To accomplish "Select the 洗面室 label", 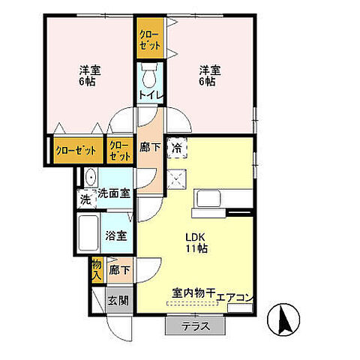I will pos(114,193).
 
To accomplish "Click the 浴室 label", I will pos(115,235).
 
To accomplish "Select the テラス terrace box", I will pos(194,326).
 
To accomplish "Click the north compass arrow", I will pos(285,320).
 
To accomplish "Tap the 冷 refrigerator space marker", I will pos(178,148).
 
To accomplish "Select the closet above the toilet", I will pos(148,39).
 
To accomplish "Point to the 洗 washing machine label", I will pos(85,200).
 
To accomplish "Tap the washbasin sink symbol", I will pos(90,178).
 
